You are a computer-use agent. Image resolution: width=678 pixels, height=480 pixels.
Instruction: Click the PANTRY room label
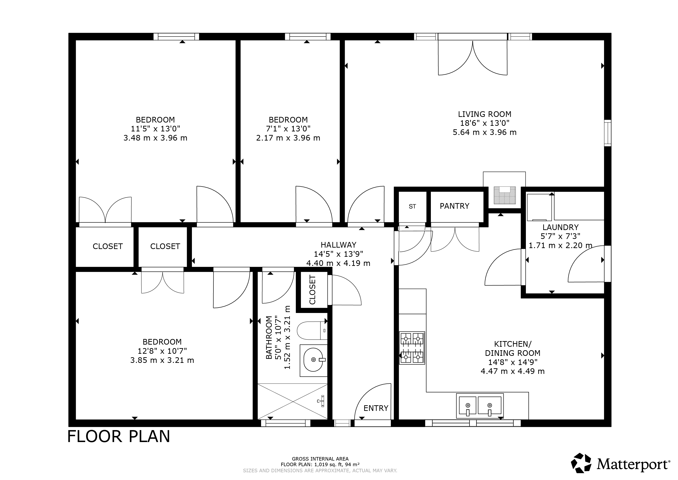[454, 206]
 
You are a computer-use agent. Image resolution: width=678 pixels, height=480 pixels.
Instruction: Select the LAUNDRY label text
[561, 227]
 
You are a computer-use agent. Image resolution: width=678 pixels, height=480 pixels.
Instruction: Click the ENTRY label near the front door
[376, 408]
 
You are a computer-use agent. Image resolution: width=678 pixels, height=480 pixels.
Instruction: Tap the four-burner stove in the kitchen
[412, 348]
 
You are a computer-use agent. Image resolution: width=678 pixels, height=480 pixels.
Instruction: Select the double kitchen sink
[480, 406]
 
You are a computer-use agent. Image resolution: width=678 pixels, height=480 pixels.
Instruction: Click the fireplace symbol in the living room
[505, 195]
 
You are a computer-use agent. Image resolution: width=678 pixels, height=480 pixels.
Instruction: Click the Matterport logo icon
[581, 463]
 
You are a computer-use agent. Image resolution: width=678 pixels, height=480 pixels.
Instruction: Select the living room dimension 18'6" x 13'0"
[485, 123]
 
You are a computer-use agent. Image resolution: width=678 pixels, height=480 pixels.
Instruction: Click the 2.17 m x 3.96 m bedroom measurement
[288, 138]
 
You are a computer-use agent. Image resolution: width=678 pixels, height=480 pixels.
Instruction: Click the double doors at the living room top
[473, 58]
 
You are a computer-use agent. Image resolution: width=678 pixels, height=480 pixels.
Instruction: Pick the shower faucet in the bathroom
[322, 401]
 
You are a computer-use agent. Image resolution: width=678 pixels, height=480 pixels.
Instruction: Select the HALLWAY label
[338, 245]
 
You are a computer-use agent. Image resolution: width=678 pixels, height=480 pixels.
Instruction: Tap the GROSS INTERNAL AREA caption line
[320, 459]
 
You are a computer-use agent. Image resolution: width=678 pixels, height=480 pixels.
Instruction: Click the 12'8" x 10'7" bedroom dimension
[162, 351]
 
